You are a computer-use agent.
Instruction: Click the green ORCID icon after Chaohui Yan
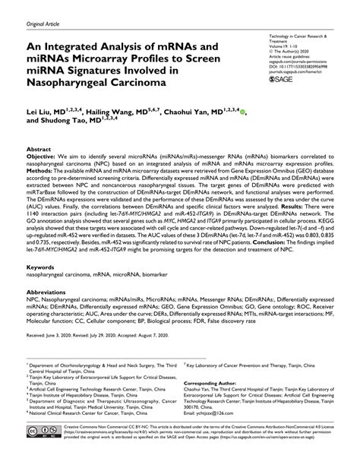pos(242,110)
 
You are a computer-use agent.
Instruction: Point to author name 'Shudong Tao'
pos(62,121)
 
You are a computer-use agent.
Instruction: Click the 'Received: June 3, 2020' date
pos(52,334)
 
